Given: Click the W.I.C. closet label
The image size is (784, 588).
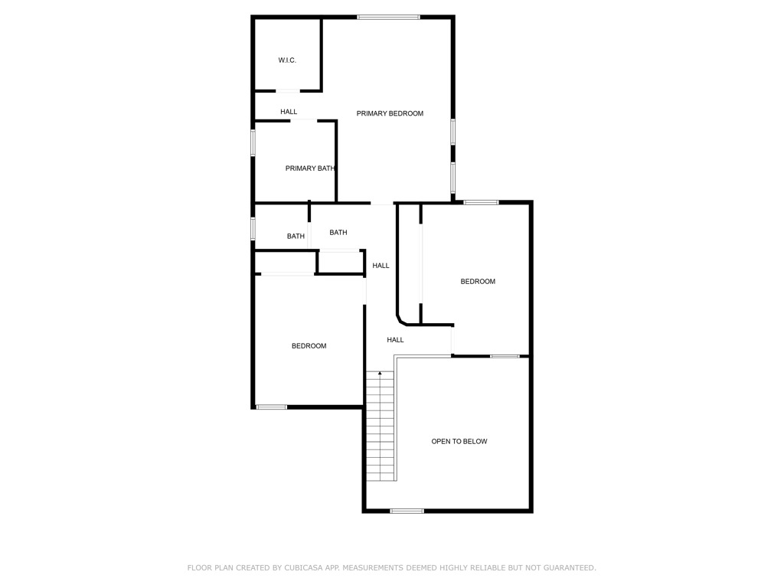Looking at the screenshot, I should point(287,60).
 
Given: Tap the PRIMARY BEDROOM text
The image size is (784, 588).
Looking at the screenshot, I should point(390,113).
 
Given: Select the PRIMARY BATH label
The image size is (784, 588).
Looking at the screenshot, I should point(310,168).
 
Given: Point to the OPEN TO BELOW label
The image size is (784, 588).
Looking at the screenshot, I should point(459,442).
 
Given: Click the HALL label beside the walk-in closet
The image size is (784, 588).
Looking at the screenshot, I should point(289,112).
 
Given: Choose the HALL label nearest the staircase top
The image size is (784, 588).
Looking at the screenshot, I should point(395,340).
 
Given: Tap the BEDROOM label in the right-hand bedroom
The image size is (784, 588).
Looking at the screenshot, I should point(478,282).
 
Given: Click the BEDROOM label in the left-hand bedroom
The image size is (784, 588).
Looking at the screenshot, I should point(309,346).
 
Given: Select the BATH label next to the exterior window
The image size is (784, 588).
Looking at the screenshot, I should point(296,237).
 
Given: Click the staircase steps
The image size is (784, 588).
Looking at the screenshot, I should point(380,429).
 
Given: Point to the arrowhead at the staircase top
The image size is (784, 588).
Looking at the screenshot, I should point(380,373).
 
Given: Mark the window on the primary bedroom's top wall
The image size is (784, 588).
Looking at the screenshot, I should point(388,17).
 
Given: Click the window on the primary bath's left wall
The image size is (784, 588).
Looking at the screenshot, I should point(253,143).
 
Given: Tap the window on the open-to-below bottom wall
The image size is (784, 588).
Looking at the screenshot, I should point(407,511).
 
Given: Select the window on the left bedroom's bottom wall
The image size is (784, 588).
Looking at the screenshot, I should point(271,407).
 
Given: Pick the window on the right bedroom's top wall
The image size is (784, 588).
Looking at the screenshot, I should point(481,202).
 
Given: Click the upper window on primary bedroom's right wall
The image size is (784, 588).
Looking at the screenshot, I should point(453,132).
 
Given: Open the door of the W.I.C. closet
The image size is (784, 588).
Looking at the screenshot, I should point(288,92).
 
